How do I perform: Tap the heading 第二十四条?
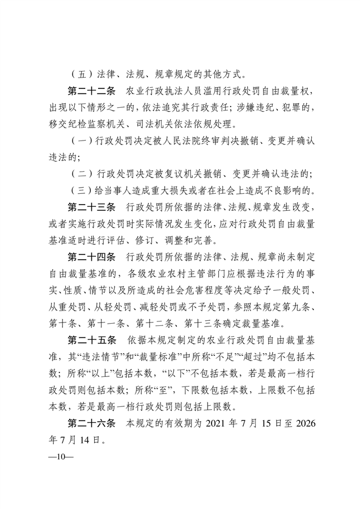(92, 258)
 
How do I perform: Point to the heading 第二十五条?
(92, 341)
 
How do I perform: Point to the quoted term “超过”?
(244, 357)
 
